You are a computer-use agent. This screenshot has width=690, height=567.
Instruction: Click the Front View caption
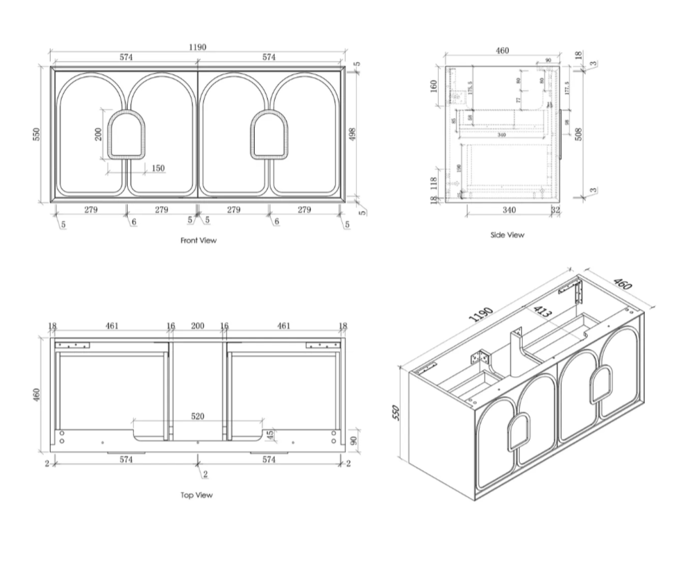199,241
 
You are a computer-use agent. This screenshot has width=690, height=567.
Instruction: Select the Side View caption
507,235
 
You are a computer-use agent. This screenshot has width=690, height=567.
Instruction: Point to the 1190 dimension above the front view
198,47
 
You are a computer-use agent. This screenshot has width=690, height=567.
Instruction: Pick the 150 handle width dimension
158,168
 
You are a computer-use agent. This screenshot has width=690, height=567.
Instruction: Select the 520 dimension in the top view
198,416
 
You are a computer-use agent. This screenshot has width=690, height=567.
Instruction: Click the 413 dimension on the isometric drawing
542,313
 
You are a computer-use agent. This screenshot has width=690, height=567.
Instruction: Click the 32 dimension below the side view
555,210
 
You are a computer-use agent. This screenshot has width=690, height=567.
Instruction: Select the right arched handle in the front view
270,134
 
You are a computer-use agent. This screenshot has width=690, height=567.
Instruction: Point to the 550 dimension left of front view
39,133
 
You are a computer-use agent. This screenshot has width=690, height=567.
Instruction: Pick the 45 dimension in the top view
270,436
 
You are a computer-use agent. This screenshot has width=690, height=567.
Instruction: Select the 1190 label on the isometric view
480,315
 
